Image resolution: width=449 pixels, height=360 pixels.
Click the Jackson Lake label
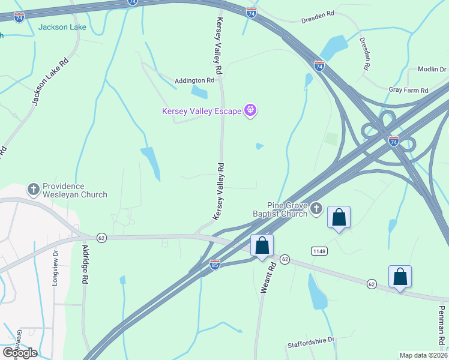[62, 27]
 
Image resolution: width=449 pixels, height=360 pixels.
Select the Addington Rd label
[194, 80]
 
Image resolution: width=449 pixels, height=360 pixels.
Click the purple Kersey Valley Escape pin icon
[250, 110]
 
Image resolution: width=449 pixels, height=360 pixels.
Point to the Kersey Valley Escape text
[201, 111]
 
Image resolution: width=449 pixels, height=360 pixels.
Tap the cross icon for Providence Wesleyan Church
[34, 190]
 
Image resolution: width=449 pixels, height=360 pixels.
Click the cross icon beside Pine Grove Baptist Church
[316, 209]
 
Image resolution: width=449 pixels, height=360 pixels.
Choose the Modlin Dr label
[429, 70]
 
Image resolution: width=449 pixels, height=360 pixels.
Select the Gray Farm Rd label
[408, 90]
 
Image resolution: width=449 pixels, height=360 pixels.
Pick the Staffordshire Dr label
[310, 341]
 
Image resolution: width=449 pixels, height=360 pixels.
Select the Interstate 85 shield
[215, 264]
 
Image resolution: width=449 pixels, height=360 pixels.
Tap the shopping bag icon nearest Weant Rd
[262, 245]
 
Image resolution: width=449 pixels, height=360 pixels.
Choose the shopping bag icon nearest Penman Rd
[400, 277]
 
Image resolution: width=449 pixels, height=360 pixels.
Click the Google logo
[20, 353]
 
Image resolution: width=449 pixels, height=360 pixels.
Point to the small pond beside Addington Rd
[199, 92]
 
